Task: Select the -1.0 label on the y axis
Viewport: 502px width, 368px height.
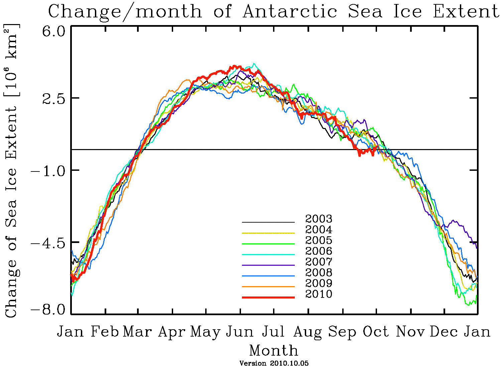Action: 49,170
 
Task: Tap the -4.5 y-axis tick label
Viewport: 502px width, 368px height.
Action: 49,242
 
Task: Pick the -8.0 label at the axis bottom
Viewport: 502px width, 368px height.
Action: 49,309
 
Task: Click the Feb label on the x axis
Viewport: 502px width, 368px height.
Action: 105,332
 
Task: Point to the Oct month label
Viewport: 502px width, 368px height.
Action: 376,332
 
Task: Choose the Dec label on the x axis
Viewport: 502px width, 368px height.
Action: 443,332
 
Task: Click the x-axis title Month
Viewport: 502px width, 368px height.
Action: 274,351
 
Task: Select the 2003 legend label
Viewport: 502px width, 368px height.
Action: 319,219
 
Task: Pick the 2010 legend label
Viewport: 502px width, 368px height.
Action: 319,294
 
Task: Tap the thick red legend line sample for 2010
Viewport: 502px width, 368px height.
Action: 268,297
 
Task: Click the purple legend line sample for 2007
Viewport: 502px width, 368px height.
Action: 268,265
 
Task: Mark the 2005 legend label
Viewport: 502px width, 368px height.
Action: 319,240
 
